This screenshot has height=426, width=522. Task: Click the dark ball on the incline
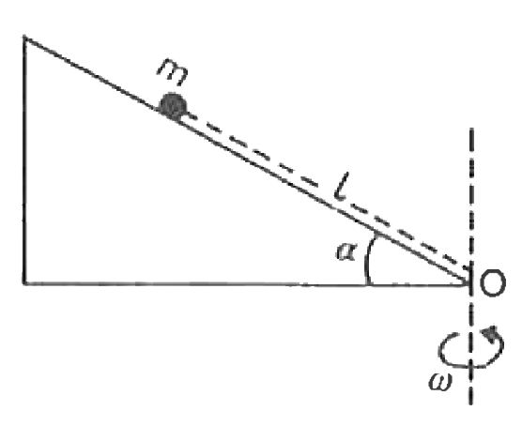click(x=173, y=106)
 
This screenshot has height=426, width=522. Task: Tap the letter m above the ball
click(x=173, y=72)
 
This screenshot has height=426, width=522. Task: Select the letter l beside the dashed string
click(x=341, y=187)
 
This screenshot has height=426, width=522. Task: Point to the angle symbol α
click(x=346, y=251)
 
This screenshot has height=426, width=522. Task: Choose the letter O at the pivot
click(x=493, y=282)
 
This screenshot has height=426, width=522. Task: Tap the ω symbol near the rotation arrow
click(x=440, y=382)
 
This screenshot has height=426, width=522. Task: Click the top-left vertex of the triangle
click(x=24, y=37)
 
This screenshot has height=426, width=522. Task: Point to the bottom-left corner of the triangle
click(x=24, y=283)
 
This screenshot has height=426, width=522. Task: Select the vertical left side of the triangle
click(x=24, y=160)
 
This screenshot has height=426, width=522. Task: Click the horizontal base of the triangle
click(x=246, y=284)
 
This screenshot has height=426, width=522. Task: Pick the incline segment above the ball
click(x=91, y=71)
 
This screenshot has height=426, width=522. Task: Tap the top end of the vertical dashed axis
click(x=471, y=129)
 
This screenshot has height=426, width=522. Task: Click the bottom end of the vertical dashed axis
click(x=470, y=403)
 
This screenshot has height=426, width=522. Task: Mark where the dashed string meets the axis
click(x=470, y=268)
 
